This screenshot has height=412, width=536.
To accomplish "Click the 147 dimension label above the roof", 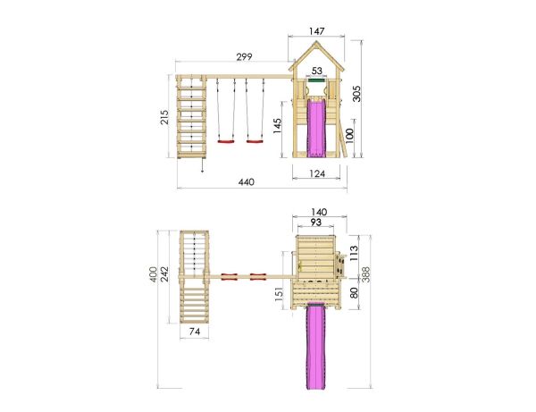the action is coord(316,31).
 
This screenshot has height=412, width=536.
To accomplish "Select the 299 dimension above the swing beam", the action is coord(245,57).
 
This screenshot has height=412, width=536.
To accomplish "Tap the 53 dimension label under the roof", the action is coord(317,71).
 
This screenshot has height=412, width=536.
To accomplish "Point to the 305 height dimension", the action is coord(356,94).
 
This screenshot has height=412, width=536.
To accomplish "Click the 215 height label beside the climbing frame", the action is coord(164,117).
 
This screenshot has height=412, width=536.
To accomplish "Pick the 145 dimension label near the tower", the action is coord(277,126).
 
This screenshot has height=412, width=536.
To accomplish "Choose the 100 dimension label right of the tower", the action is coord(348,137).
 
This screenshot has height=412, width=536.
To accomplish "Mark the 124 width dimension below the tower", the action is coord(317,173).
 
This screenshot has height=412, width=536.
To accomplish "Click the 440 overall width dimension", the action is coord(247,182).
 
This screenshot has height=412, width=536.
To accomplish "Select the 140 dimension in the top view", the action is coord(319,212).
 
